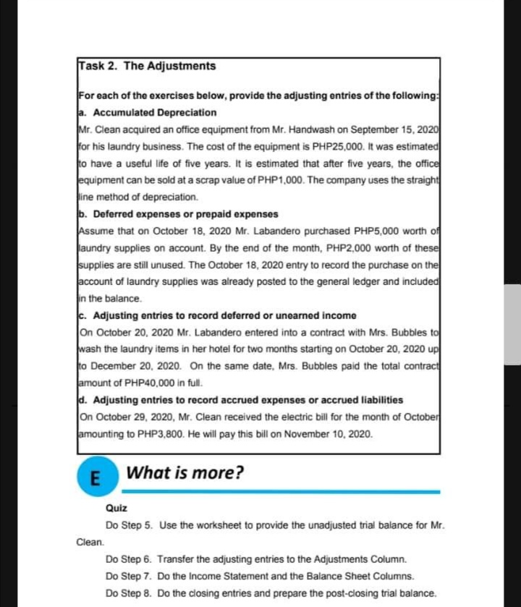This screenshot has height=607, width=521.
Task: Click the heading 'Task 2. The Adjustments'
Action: click(x=147, y=66)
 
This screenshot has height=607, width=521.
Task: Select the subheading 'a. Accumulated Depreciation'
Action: click(x=147, y=112)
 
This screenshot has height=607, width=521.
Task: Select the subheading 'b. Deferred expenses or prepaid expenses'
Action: click(x=177, y=214)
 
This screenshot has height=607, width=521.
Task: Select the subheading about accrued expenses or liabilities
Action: click(x=240, y=399)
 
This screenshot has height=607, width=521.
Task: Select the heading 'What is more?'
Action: click(x=185, y=473)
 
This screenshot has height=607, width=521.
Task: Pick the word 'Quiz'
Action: click(x=116, y=508)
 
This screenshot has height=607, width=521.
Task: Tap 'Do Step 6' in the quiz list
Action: click(x=128, y=559)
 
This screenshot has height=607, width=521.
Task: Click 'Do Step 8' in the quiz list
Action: click(x=128, y=593)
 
